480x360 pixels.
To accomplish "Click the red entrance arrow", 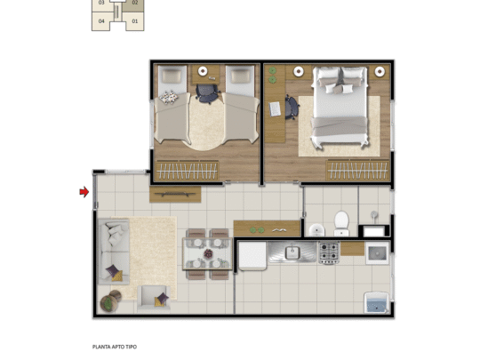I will [x=84, y=191].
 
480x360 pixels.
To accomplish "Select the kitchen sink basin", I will [x=292, y=254].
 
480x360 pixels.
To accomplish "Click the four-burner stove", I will [x=329, y=253].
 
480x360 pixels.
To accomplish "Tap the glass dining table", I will [x=206, y=252].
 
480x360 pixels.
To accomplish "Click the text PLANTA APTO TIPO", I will [x=115, y=347].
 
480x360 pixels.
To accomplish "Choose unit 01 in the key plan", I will [x=134, y=20].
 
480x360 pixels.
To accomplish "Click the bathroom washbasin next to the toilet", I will [x=316, y=229].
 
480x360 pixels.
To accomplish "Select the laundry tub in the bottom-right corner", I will [x=376, y=301].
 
